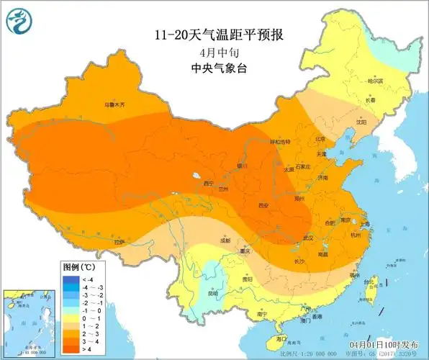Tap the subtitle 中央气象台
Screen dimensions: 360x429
[214, 68]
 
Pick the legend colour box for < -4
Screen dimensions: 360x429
[71, 279]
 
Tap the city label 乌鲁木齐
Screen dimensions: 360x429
[114, 104]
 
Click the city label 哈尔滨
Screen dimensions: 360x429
[375, 81]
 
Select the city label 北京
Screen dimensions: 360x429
[320, 139]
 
